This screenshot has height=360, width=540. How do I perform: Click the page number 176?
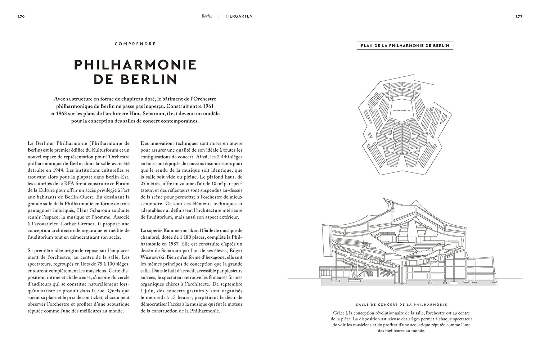[21, 16]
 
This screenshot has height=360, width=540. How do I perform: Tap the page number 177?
[519, 16]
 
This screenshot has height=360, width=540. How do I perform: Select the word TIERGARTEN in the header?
[239, 16]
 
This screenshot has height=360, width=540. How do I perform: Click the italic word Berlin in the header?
[207, 16]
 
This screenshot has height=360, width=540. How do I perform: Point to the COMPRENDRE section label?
[135, 44]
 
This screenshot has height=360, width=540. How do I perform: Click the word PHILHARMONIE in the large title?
[135, 65]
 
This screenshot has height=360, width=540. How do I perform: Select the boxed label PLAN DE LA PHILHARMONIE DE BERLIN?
[404, 46]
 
